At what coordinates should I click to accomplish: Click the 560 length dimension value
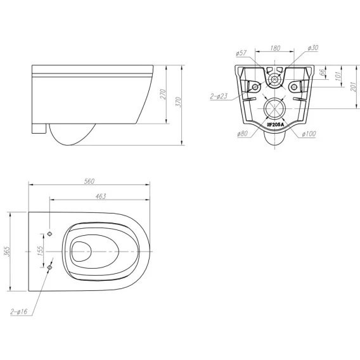[x=89, y=181]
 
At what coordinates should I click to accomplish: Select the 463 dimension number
[x=101, y=196]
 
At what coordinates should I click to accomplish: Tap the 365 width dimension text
[x=7, y=251]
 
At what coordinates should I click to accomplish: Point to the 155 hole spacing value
[x=40, y=251]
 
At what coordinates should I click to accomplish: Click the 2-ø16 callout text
[x=19, y=311]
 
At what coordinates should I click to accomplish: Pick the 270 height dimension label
[x=162, y=94]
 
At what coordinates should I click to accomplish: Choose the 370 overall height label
[x=178, y=102]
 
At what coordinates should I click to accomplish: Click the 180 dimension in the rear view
[x=275, y=48]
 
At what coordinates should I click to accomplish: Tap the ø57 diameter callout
[x=241, y=53]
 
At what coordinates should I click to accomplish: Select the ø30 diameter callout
[x=313, y=48]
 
